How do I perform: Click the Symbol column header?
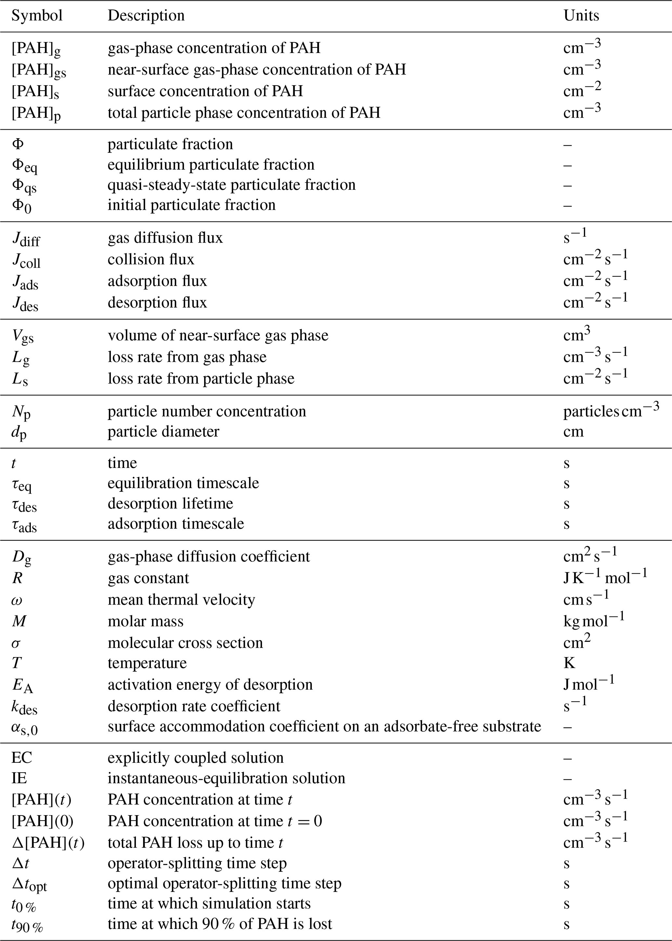coord(37,16)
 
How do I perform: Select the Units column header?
coord(581,16)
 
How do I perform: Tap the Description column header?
coord(146,16)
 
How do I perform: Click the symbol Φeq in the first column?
coord(24,166)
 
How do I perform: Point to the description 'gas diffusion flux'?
coord(165,238)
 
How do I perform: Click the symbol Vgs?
coord(23,336)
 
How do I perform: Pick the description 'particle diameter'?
coord(164,431)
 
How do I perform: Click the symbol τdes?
coord(24,504)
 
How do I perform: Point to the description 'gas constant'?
coord(148,578)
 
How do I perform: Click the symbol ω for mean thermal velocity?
coord(17,600)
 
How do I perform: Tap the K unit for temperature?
coord(569,663)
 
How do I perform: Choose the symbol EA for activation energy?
coord(22,685)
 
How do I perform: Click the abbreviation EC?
coord(21,758)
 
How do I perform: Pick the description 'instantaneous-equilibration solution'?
coord(226,778)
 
